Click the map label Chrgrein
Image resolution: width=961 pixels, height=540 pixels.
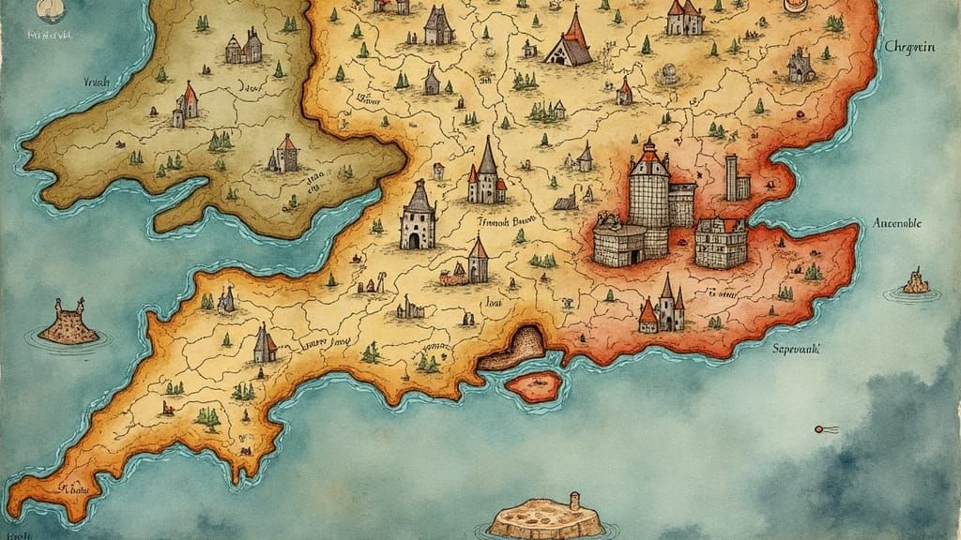click(919, 47)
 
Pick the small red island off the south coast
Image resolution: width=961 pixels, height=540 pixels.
click(533, 383)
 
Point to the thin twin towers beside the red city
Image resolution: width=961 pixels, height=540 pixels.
click(737, 177)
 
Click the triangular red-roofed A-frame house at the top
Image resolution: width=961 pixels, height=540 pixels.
click(570, 41)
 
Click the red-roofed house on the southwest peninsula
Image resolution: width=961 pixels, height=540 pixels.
click(264, 345)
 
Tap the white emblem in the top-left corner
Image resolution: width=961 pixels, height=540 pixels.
click(46, 10)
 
